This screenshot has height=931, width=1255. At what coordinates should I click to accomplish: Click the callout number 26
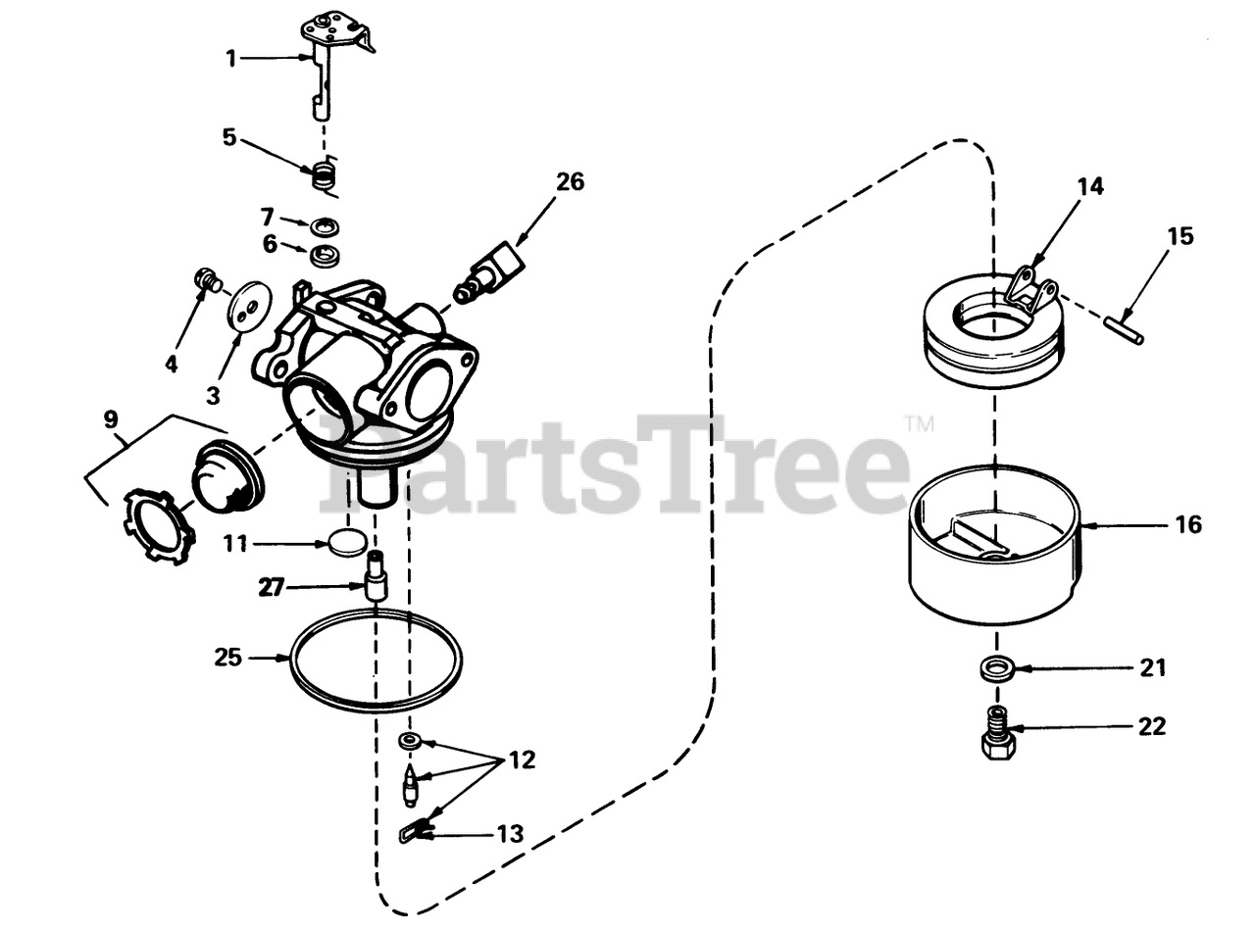pyautogui.click(x=570, y=182)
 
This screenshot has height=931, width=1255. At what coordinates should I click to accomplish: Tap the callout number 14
pyautogui.click(x=1089, y=187)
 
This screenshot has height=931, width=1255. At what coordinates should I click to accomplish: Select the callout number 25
pyautogui.click(x=227, y=658)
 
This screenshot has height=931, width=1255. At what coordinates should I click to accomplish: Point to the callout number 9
pyautogui.click(x=112, y=420)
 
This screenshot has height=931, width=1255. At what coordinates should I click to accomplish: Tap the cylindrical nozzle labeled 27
pyautogui.click(x=376, y=579)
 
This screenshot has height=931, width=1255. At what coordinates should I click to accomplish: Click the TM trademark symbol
pyautogui.click(x=919, y=425)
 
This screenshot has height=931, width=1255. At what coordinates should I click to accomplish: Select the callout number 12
pyautogui.click(x=522, y=760)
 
